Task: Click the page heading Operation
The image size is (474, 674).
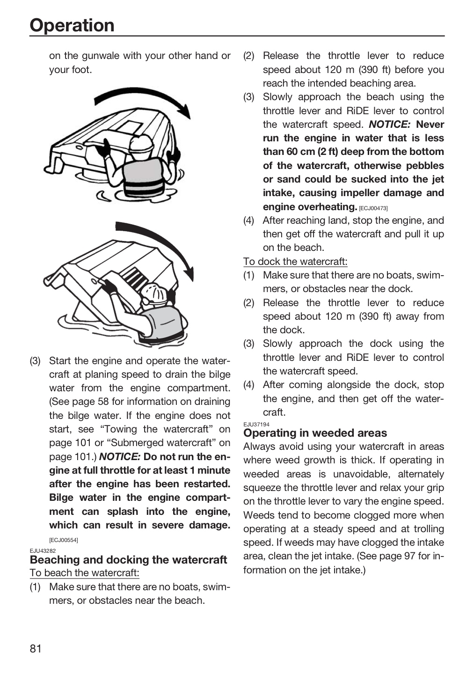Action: (x=72, y=25)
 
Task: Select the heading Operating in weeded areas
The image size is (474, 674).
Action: (x=315, y=432)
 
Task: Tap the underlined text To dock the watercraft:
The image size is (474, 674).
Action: (x=295, y=262)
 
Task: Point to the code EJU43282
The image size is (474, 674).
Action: (x=43, y=551)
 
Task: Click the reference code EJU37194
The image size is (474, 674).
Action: (x=256, y=424)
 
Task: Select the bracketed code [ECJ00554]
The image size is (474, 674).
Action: (x=64, y=540)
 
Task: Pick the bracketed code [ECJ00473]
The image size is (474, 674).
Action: (x=373, y=208)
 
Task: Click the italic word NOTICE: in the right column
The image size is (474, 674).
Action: (x=390, y=125)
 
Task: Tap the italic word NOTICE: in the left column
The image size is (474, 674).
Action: (x=120, y=457)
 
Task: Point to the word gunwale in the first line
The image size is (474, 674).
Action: (x=101, y=56)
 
